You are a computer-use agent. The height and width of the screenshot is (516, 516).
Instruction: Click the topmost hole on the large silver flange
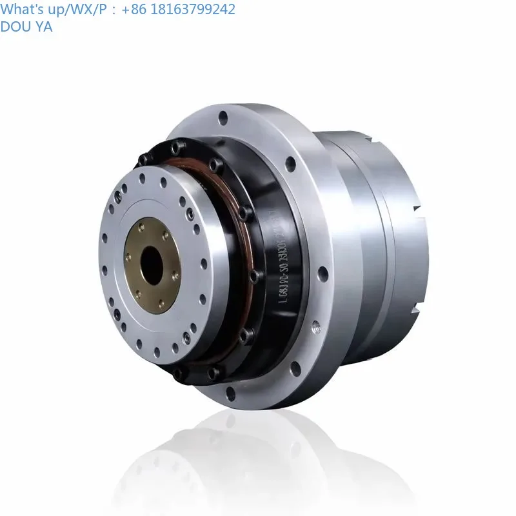click(223, 118)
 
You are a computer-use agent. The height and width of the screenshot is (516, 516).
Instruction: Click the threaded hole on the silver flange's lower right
click(315, 328)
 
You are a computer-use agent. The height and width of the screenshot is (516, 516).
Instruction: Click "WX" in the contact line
click(77, 9)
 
